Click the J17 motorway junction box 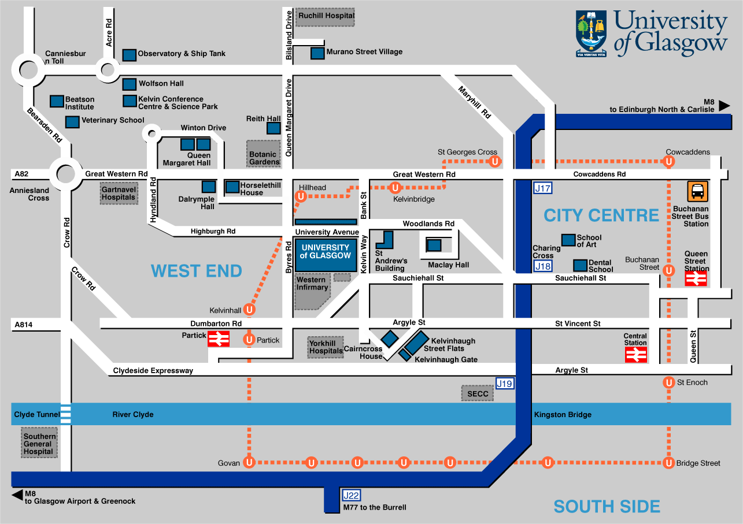[x=542, y=188]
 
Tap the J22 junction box [x=352, y=495]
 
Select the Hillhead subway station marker [x=301, y=196]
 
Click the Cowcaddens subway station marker [x=669, y=162]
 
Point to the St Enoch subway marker [x=669, y=382]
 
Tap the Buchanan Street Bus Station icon [x=698, y=191]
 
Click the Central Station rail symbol [x=636, y=355]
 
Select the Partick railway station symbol [x=219, y=339]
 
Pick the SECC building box [x=478, y=393]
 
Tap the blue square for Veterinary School [x=72, y=122]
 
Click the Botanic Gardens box [x=264, y=154]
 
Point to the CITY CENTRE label [x=601, y=215]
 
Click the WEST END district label [x=196, y=270]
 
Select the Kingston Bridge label [x=563, y=415]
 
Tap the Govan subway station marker [x=249, y=463]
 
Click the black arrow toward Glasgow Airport [x=17, y=495]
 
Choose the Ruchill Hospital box [x=326, y=17]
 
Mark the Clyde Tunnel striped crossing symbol [x=66, y=415]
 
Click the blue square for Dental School [x=581, y=265]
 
